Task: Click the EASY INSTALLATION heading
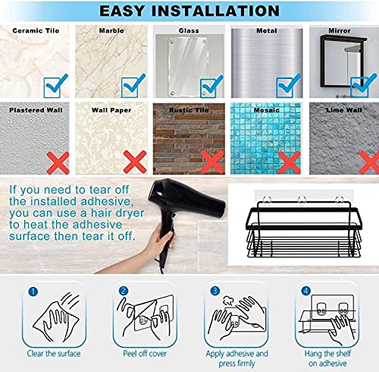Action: [x=189, y=11]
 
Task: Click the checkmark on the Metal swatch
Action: [x=286, y=85]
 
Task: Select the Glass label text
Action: [x=189, y=31]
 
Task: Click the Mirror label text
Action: [x=340, y=31]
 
